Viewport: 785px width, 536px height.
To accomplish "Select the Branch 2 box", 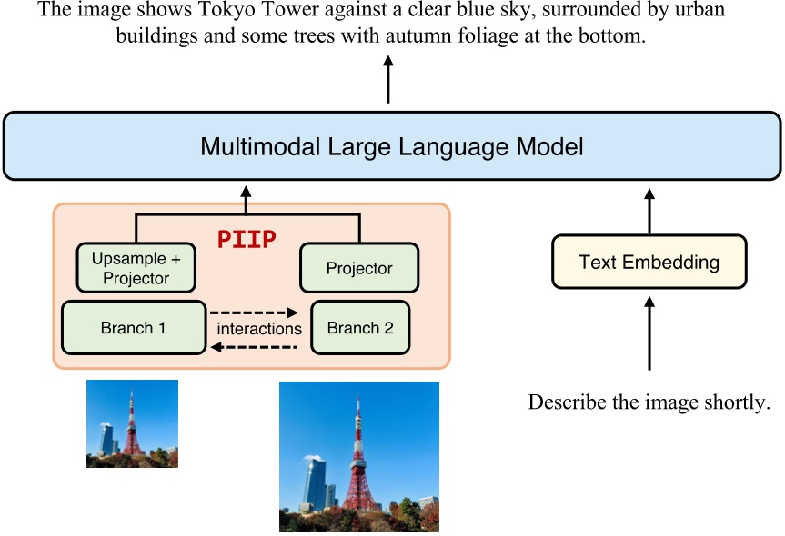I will tap(360, 328).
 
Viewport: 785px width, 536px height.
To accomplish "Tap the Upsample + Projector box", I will tap(136, 268).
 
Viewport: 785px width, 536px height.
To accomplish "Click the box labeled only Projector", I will tap(359, 268).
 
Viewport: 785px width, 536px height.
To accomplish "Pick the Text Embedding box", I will tap(649, 263).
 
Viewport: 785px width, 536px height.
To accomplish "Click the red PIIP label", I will tap(247, 240).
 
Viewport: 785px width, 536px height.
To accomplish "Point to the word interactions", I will tap(259, 329).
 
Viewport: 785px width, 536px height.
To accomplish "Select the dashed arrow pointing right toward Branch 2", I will tap(259, 312).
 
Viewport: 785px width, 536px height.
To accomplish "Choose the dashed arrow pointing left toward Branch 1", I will tap(259, 346).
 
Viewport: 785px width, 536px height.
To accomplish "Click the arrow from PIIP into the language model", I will tap(245, 195).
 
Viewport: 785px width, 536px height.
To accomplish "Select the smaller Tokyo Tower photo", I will tap(132, 423).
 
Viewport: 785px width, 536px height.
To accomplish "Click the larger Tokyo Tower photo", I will tap(358, 456).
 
